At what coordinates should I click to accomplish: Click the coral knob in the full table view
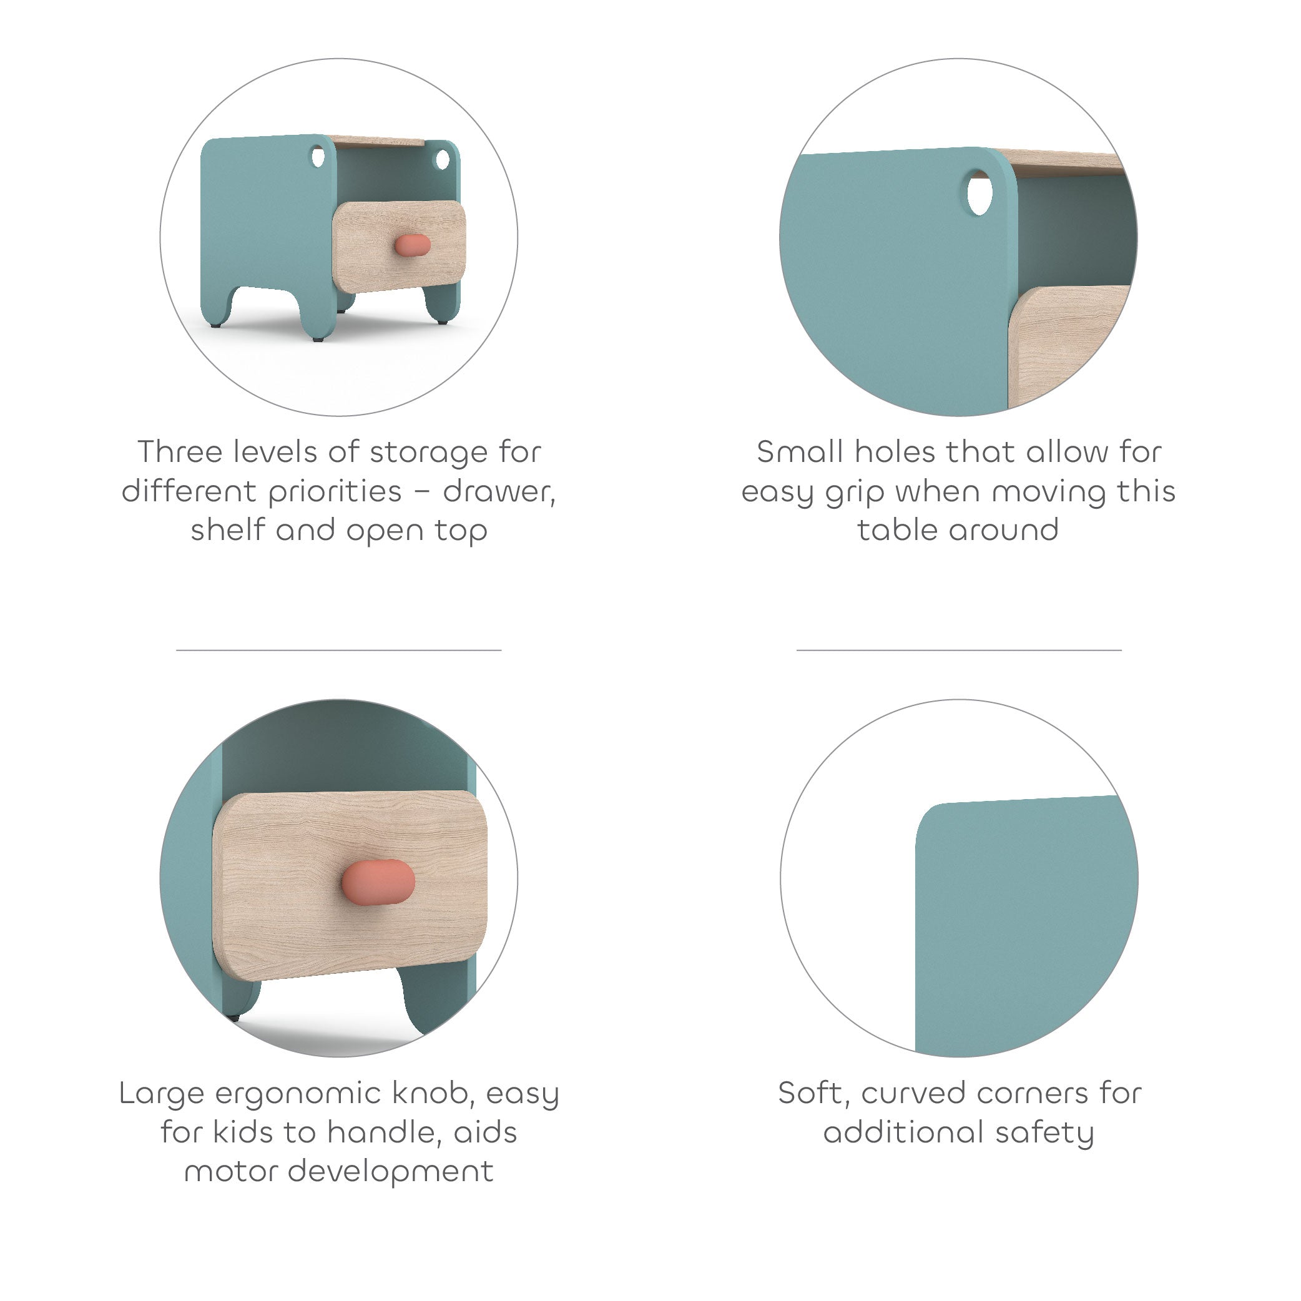point(412,245)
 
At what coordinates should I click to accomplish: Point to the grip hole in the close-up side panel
point(979,194)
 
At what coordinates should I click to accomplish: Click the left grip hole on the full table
point(318,157)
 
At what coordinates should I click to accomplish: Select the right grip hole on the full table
point(443,160)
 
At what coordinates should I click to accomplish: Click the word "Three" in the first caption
point(180,452)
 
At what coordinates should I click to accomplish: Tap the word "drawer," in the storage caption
point(499,491)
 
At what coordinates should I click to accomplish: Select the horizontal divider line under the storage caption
point(339,650)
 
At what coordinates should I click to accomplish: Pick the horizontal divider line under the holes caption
point(959,650)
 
